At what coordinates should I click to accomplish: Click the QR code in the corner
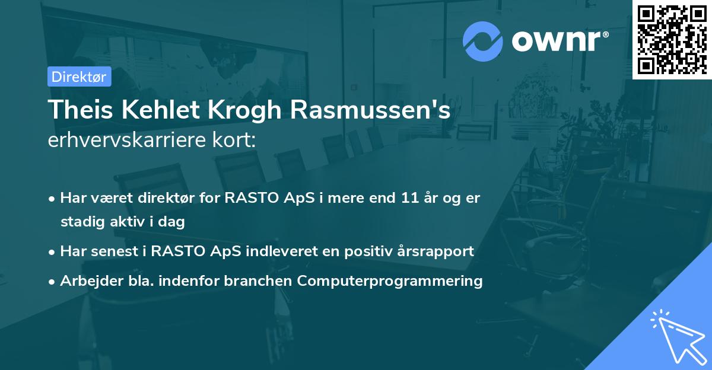tap(672, 39)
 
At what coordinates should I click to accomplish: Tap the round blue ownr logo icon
tap(483, 41)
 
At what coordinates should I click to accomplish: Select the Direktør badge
tap(79, 76)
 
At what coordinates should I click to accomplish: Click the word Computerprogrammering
tap(390, 280)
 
